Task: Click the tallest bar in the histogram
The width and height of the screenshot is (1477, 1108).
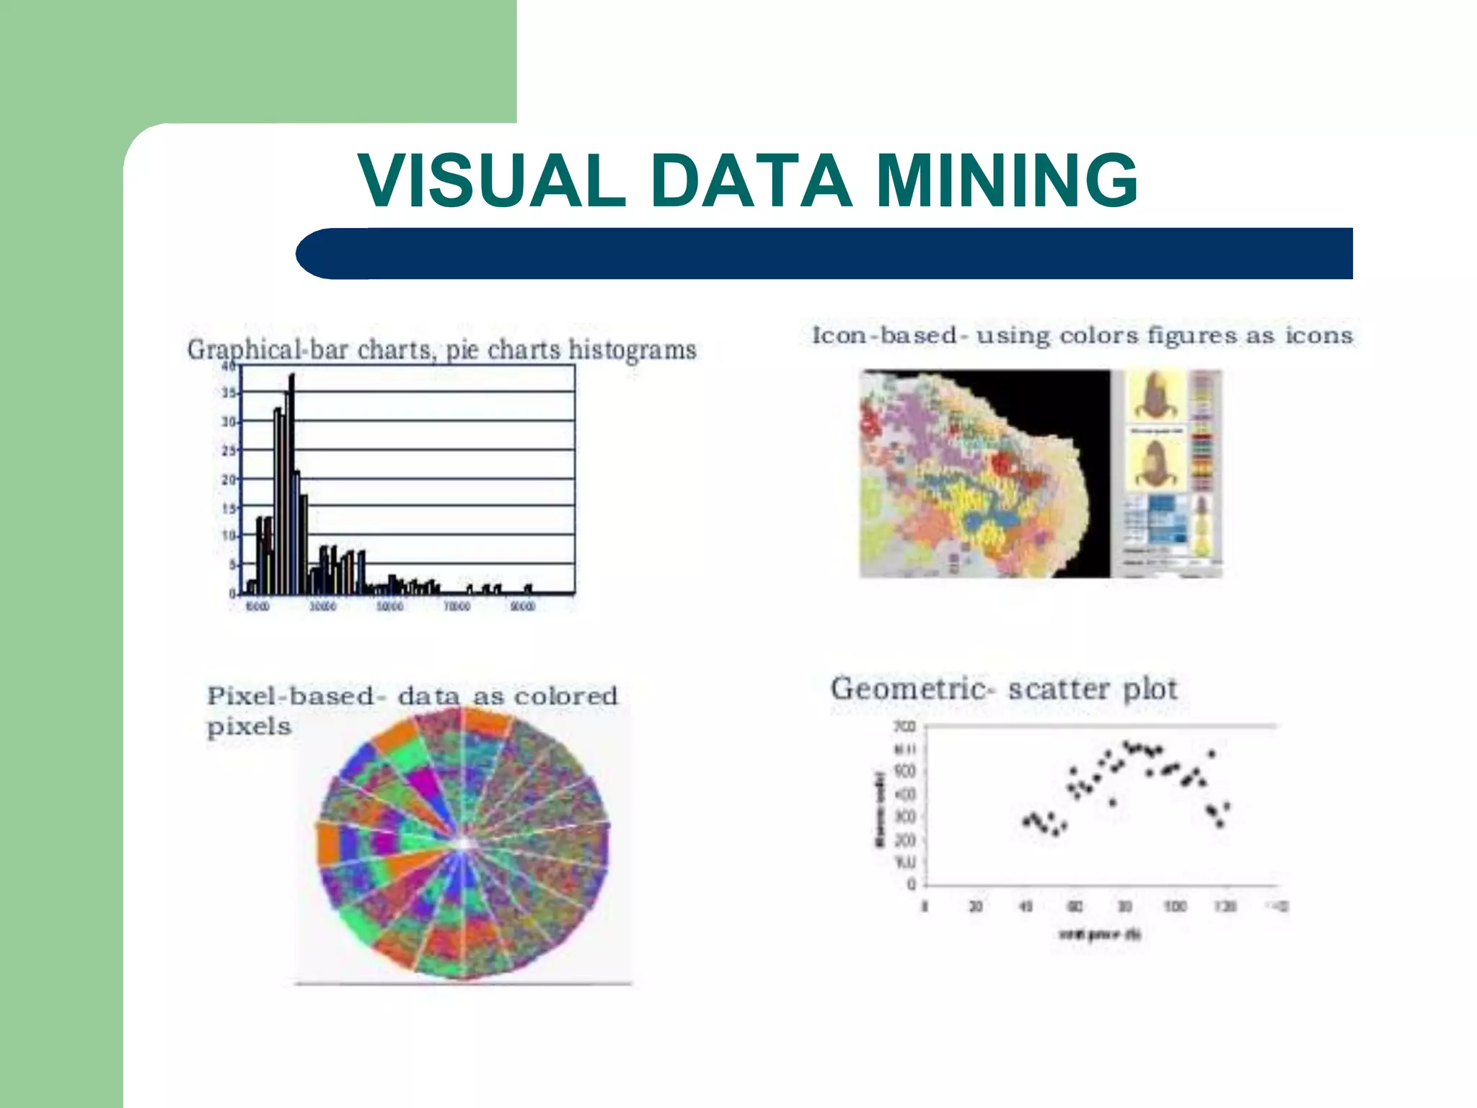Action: [x=291, y=483]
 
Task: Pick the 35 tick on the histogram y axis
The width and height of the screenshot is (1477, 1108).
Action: [x=229, y=393]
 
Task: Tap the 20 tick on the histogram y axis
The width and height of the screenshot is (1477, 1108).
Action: [x=229, y=480]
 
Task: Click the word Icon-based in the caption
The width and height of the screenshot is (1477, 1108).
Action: [x=884, y=335]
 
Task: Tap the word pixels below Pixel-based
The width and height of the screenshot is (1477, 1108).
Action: [x=249, y=726]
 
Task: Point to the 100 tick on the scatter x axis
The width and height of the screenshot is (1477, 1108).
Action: [x=1175, y=907]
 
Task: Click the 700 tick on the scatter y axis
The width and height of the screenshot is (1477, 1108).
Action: [x=906, y=726]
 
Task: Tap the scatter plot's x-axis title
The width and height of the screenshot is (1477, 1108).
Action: [x=1099, y=935]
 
